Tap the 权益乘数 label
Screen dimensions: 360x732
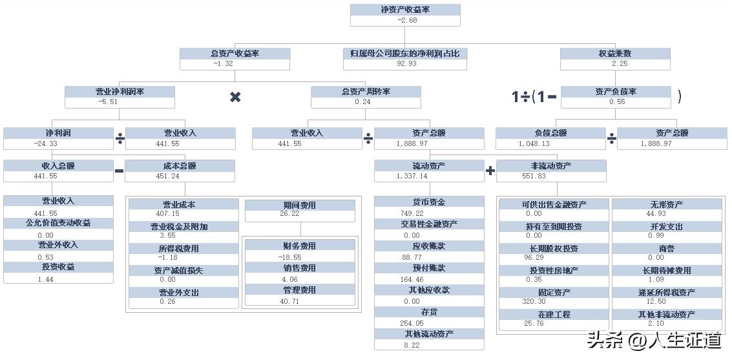click(x=615, y=54)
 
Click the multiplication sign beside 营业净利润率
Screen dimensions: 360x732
click(x=235, y=97)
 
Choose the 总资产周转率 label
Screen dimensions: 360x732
click(x=366, y=92)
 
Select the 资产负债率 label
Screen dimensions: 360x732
click(x=615, y=92)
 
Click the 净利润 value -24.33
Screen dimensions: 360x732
click(x=45, y=143)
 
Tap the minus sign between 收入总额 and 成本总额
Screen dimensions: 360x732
click(x=119, y=171)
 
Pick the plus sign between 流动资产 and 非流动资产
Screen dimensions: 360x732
click(x=490, y=171)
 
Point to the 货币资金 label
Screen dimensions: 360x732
click(x=429, y=202)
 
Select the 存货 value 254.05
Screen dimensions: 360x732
click(x=412, y=323)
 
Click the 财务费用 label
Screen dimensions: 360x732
click(x=299, y=246)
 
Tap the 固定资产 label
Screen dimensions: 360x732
click(x=554, y=292)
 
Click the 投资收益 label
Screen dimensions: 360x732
click(x=58, y=267)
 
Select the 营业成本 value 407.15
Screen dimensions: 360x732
click(x=168, y=214)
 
